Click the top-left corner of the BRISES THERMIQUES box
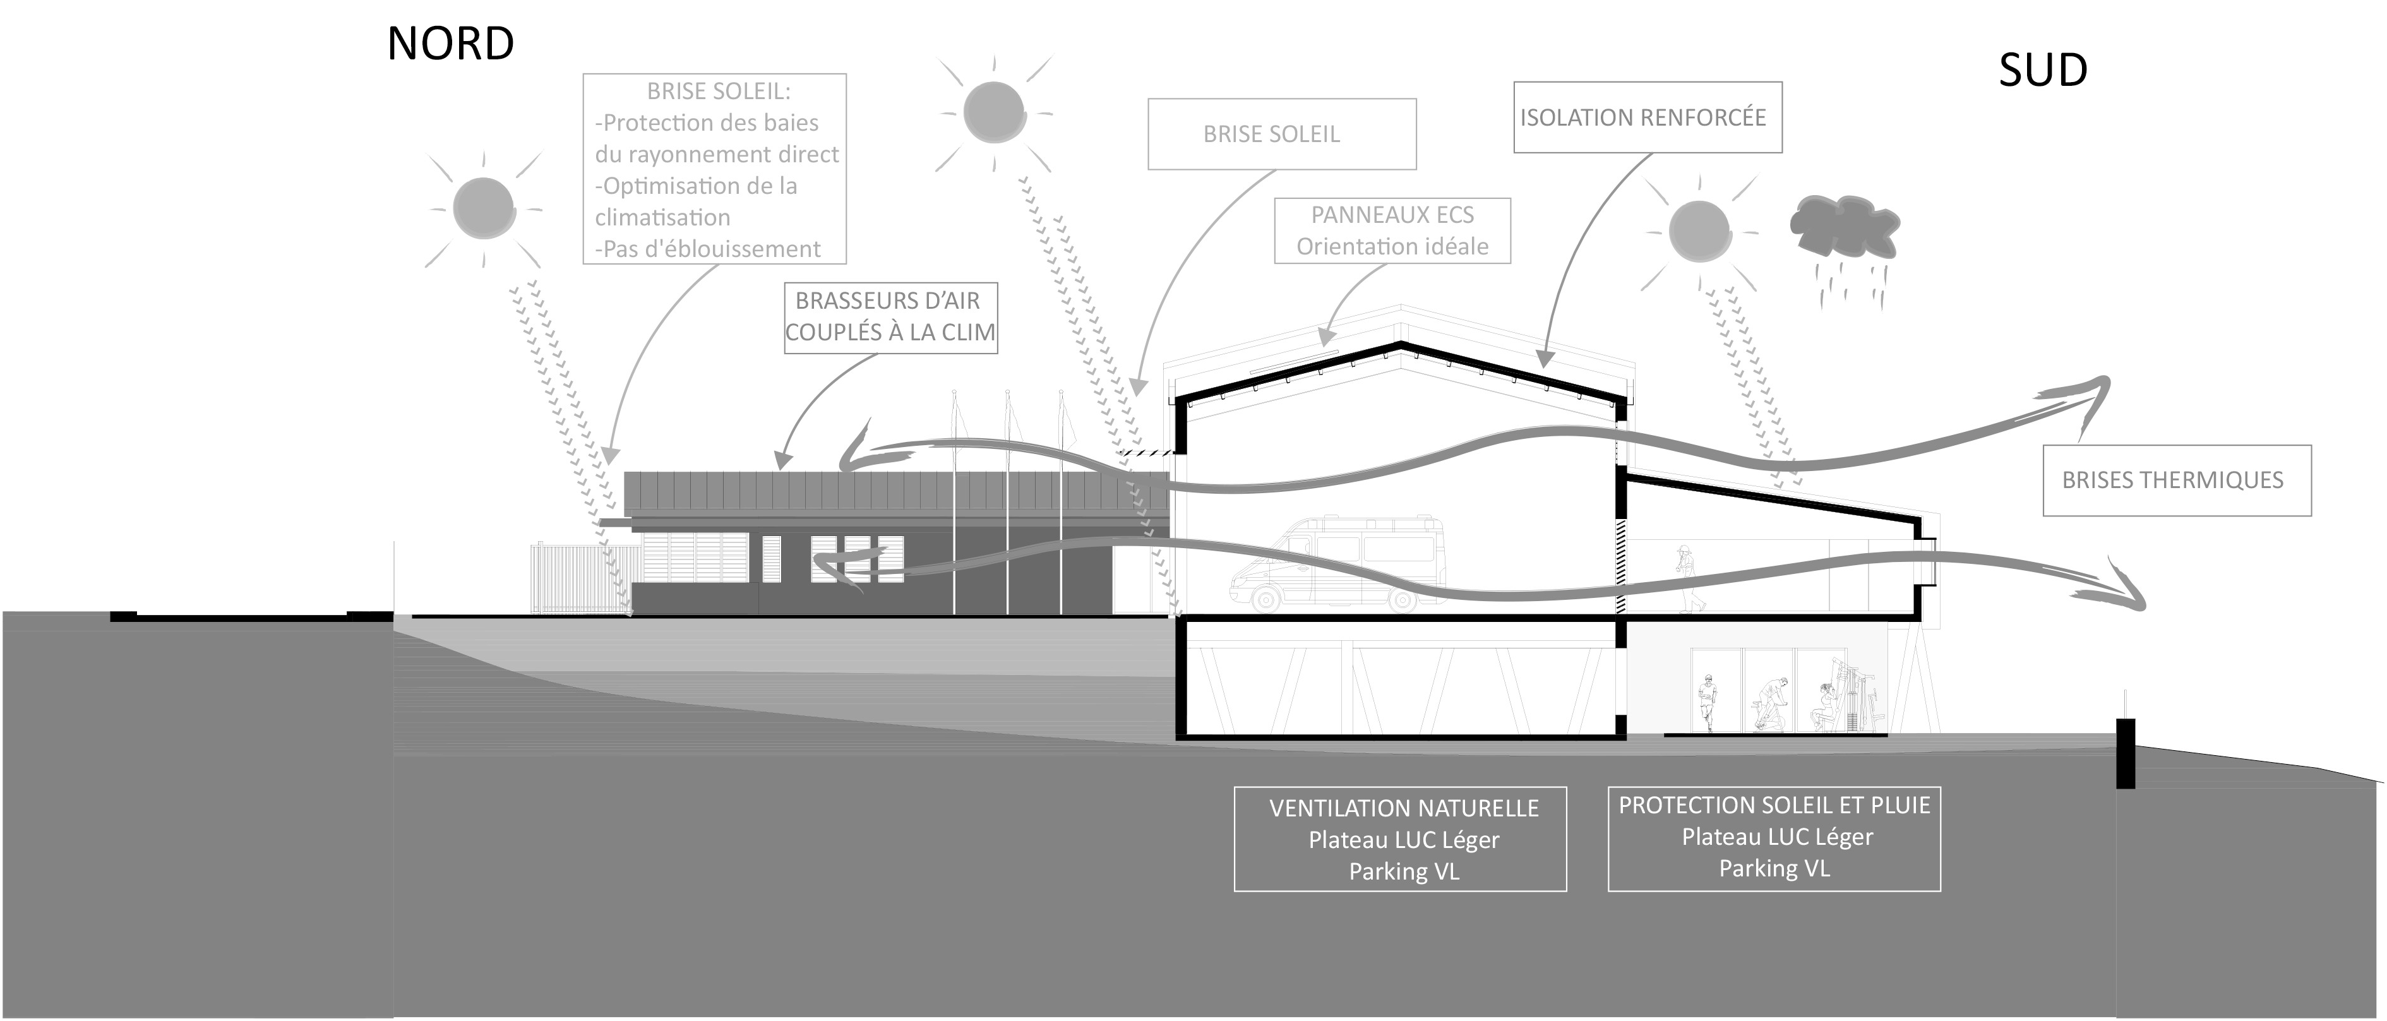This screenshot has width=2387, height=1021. [2044, 446]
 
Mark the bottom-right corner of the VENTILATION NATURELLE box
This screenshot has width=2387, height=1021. [1566, 892]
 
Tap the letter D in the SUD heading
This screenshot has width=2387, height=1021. [2069, 71]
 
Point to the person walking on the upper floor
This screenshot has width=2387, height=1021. [1689, 578]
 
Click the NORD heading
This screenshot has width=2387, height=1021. [450, 44]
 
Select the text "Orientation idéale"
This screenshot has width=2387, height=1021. [1392, 246]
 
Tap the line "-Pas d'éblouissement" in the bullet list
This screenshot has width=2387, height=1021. [708, 248]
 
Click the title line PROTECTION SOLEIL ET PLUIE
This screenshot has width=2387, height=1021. [1774, 805]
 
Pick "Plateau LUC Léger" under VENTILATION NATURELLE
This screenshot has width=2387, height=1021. [1404, 840]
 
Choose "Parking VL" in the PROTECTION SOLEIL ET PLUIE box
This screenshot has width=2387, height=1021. [1774, 868]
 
